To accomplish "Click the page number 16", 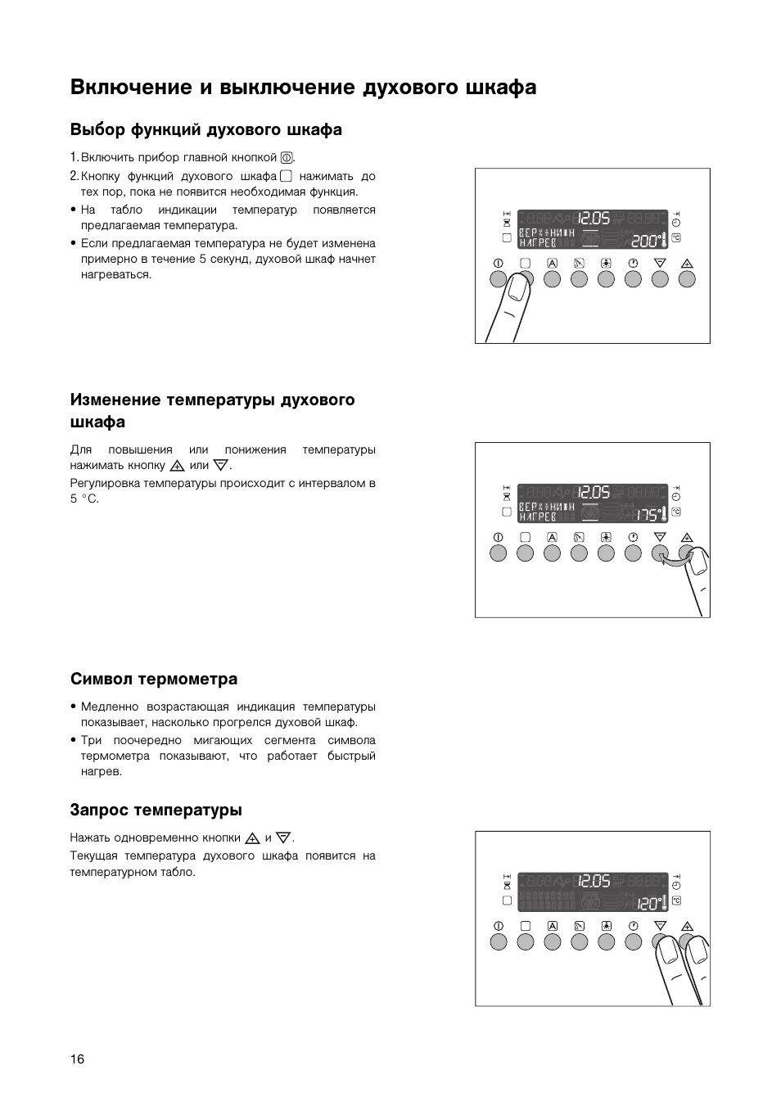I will point(77,1059).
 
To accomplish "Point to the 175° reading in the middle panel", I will point(650,515).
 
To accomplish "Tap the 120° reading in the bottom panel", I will point(650,904).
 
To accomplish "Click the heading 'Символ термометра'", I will point(154,679).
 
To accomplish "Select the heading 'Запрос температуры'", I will point(156,810).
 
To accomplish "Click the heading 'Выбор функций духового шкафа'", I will point(206,129).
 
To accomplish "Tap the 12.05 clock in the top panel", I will point(594,219).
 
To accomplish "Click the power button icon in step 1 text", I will point(287,158).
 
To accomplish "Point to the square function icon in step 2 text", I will point(285,176).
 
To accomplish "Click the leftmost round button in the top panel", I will point(498,279).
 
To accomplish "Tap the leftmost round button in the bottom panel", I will point(498,941).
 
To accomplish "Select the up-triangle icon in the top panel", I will point(687,264).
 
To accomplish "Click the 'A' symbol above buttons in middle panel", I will point(552,537).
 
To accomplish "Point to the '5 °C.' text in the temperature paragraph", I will point(84,499).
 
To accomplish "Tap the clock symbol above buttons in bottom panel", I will point(633,926).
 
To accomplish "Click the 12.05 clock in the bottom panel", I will point(594,881).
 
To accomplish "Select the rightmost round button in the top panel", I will point(687,279).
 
